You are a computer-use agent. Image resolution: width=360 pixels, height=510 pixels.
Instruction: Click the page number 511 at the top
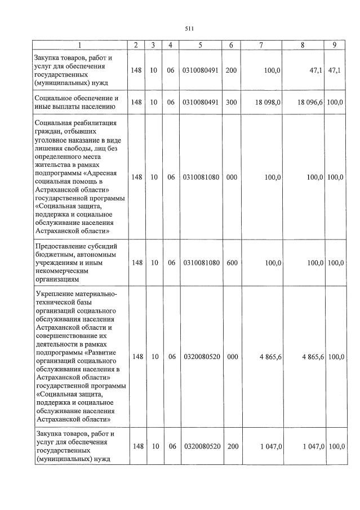pyautogui.click(x=189, y=29)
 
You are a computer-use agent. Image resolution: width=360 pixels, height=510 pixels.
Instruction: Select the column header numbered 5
pyautogui.click(x=201, y=45)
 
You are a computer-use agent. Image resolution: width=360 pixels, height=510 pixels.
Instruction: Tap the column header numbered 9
pyautogui.click(x=335, y=45)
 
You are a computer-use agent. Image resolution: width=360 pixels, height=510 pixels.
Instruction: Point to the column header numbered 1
pyautogui.click(x=80, y=45)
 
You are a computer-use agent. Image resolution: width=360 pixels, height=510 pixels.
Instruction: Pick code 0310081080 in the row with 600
pyautogui.click(x=201, y=263)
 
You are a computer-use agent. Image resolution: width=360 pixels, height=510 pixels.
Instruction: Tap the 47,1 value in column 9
pyautogui.click(x=335, y=70)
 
